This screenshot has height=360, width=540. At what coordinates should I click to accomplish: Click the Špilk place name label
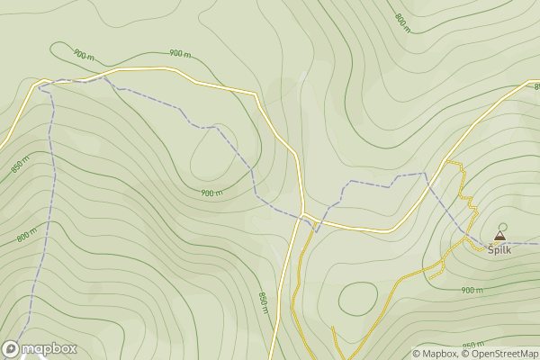(499, 249)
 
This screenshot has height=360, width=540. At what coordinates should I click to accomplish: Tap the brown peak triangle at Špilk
(499, 236)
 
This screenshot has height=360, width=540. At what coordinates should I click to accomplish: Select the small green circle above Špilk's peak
(503, 226)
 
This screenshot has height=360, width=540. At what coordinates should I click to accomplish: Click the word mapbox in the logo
(49, 348)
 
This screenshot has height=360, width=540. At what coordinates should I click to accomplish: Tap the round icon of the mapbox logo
(11, 348)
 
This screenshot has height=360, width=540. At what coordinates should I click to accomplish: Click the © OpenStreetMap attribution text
(499, 354)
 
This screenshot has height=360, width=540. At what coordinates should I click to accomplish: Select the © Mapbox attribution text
(436, 354)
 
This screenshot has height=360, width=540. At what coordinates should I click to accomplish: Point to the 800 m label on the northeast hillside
(402, 22)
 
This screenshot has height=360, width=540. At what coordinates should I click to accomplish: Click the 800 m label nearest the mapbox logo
(27, 236)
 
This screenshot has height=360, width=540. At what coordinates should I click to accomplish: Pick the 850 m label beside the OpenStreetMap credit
(473, 346)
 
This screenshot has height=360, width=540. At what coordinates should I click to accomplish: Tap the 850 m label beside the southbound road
(264, 302)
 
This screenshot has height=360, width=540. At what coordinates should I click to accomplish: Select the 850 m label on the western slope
(20, 166)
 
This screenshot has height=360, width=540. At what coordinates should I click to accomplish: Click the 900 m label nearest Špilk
(472, 290)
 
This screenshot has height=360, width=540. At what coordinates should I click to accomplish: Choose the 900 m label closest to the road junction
(211, 193)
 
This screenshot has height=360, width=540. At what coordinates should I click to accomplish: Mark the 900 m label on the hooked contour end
(84, 55)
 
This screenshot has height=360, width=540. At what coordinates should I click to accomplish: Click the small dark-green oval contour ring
(357, 298)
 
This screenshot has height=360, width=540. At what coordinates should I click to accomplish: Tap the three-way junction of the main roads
(304, 214)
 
